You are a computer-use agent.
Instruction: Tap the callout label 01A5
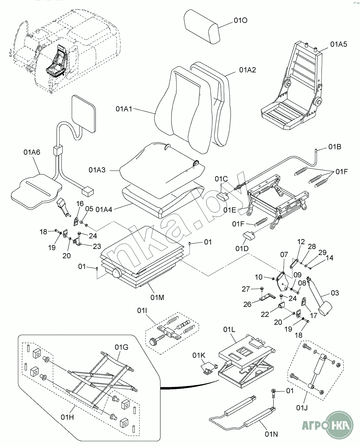tap(339, 44)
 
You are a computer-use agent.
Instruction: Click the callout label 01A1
tap(124, 109)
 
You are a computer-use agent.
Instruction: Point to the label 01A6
tap(32, 152)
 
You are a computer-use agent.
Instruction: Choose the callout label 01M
tap(157, 297)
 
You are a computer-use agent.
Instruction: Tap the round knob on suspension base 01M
tap(116, 272)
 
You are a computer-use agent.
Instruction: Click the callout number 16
tap(80, 204)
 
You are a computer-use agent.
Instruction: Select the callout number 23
tap(97, 246)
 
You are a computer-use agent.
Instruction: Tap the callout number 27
tap(246, 289)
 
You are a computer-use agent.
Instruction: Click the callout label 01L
tap(229, 330)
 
